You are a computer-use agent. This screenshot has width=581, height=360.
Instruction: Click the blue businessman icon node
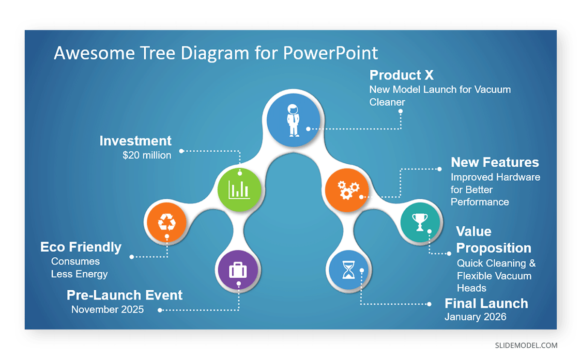294,121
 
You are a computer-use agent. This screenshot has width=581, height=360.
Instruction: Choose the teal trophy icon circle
420,222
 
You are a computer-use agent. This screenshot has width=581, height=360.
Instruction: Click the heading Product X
401,75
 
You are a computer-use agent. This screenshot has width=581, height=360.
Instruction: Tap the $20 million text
147,156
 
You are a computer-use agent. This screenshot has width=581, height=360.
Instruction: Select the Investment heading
136,141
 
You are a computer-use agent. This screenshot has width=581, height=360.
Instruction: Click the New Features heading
495,162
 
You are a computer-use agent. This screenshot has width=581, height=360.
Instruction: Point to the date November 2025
107,309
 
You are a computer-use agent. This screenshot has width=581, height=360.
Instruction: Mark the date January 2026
475,317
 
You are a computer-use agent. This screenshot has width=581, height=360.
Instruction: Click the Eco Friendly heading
81,247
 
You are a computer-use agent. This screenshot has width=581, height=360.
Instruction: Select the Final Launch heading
486,303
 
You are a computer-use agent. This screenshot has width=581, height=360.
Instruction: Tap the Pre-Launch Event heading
124,295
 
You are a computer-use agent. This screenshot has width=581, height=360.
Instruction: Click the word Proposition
493,248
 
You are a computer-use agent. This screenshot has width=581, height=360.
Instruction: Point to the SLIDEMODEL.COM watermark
526,345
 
